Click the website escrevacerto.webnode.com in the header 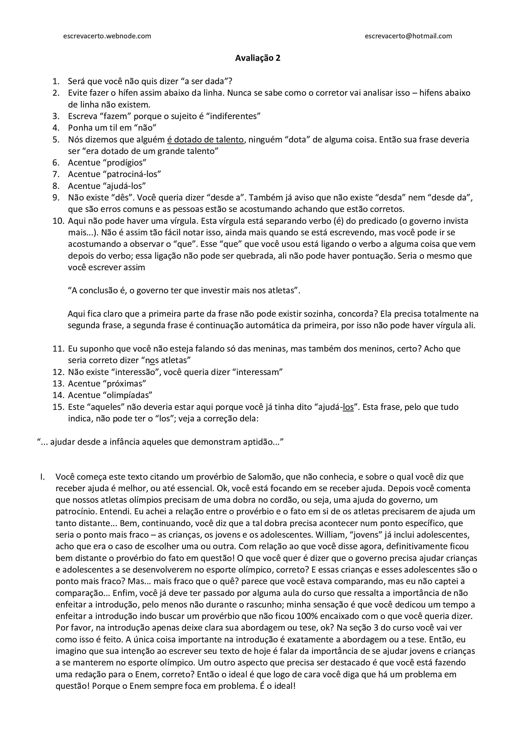click(107, 36)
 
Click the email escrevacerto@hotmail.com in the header click(408, 36)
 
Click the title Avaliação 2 click(258, 58)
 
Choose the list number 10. click(58, 221)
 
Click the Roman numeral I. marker click(42, 477)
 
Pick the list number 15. click(58, 407)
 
